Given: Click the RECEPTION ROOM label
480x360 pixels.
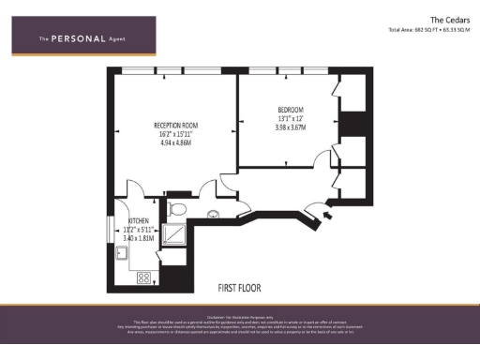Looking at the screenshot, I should tap(176, 124).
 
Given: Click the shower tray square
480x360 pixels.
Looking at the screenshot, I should tap(174, 233).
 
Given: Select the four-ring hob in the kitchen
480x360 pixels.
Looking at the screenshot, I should tap(144, 277).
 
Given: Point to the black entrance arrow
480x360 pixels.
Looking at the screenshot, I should tap(325, 217).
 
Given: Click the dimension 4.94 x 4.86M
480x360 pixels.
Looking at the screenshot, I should tap(176, 142).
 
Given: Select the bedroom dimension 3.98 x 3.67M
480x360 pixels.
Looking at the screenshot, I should tap(292, 127).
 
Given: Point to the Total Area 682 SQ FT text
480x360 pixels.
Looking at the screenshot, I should tap(430, 29).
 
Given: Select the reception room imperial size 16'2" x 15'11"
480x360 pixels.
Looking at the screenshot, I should tap(176, 133).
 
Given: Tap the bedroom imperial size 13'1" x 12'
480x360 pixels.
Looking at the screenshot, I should tap(292, 118).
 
